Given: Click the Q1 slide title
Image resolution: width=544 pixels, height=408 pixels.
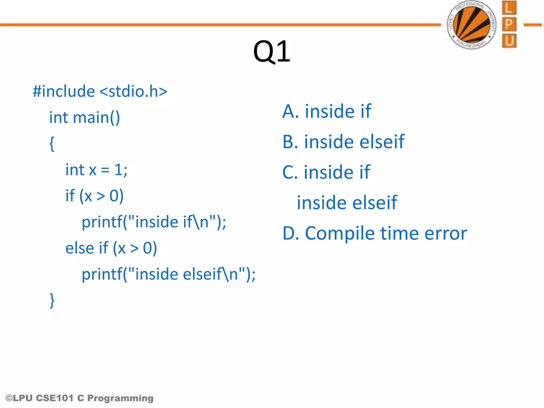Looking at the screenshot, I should [x=271, y=52].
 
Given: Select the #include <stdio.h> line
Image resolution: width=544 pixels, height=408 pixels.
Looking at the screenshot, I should [x=100, y=91].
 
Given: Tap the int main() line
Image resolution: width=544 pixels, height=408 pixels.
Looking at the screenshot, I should [x=84, y=117].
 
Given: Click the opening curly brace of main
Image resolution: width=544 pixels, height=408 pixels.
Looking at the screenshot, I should [x=52, y=144].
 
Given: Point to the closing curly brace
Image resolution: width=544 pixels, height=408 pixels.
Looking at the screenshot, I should [x=52, y=300].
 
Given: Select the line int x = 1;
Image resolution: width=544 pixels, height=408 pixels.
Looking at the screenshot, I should [x=96, y=170].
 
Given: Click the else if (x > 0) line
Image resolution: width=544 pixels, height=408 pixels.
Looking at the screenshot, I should [x=111, y=248].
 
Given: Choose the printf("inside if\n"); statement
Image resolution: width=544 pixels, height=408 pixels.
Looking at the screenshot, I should [x=154, y=222].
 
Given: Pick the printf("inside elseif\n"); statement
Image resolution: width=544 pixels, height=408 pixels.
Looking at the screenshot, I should [x=168, y=274].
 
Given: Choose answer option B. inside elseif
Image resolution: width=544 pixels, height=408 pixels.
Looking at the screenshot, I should [x=343, y=142].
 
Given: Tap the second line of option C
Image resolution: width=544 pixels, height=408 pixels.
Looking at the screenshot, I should [x=347, y=203].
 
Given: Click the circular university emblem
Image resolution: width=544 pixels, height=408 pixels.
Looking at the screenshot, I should [x=472, y=25].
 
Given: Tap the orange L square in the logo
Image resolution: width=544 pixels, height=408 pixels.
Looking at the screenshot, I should [x=509, y=8].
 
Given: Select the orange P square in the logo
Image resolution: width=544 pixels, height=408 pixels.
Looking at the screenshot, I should [x=509, y=24].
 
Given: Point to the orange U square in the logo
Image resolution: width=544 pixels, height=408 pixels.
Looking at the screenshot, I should [x=509, y=41].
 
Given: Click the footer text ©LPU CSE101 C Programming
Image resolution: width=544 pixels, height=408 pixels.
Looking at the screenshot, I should [x=79, y=398].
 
